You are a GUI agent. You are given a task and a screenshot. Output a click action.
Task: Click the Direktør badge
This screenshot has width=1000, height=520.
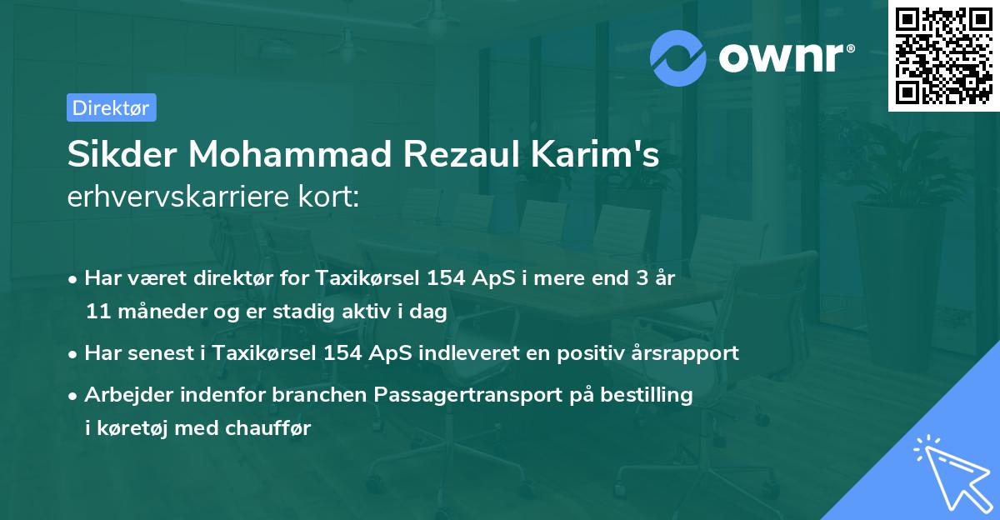111,107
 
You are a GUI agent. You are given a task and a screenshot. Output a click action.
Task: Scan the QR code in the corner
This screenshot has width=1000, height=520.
943,55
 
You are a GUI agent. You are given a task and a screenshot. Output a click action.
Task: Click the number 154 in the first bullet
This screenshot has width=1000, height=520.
443,278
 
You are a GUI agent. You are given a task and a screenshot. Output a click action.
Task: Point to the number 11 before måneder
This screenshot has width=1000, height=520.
97,312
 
